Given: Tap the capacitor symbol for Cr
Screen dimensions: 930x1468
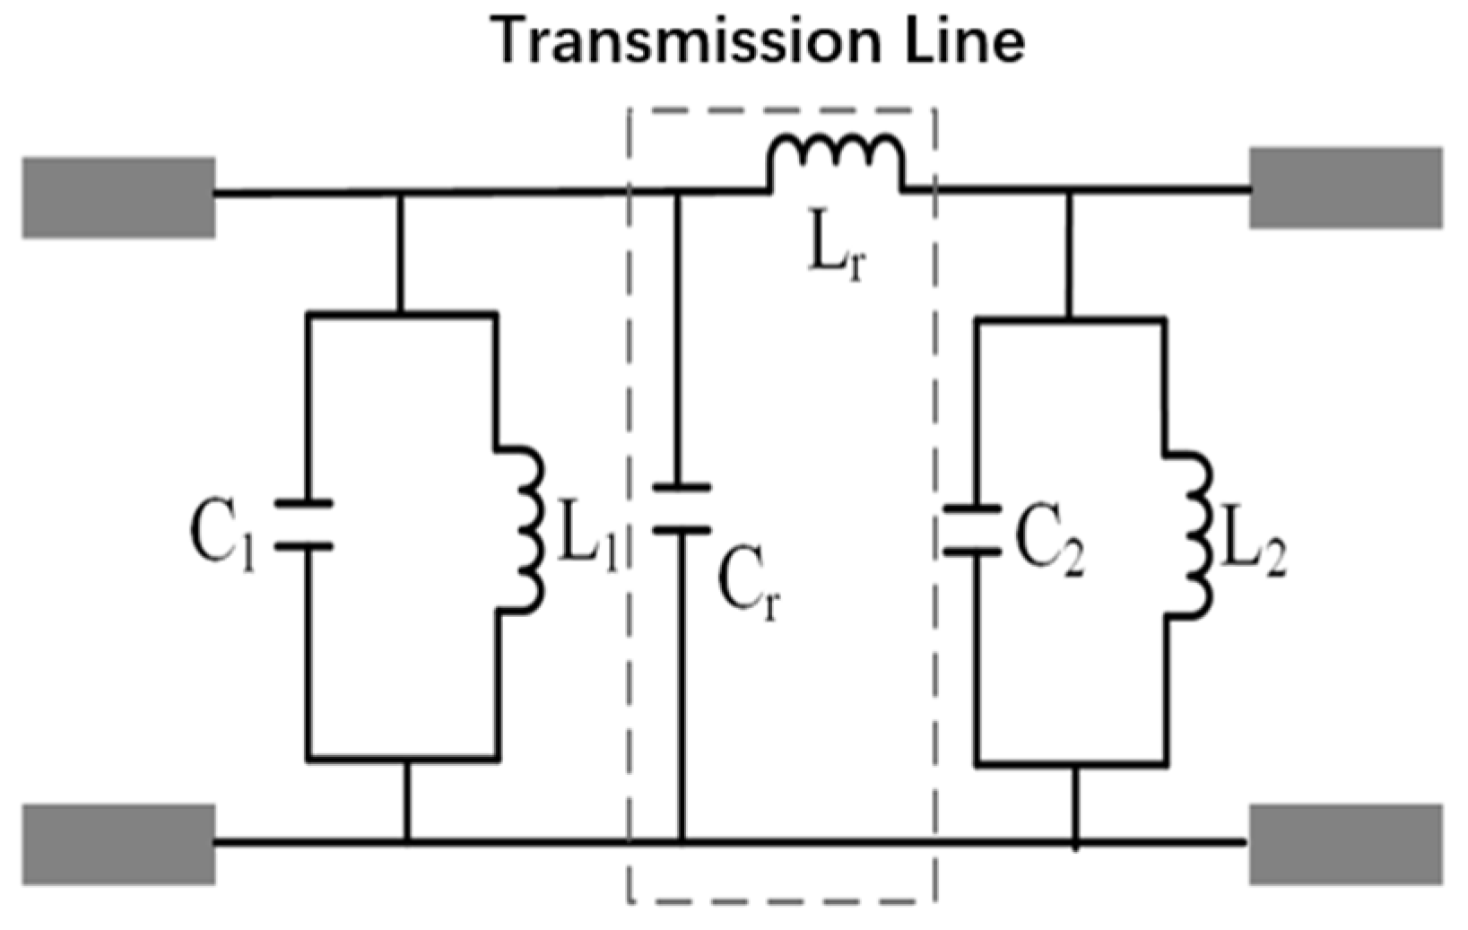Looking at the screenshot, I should point(681,508).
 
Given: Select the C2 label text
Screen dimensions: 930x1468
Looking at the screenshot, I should point(1049,543).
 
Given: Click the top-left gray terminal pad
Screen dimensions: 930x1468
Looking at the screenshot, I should point(118,197).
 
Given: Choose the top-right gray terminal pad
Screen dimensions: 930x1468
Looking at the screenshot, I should point(1346,188).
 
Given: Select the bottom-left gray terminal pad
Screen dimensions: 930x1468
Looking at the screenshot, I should point(118,844).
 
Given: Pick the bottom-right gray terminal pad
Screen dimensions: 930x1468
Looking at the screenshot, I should point(1346,844).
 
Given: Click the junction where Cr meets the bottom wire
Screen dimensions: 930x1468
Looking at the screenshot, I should point(681,842).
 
